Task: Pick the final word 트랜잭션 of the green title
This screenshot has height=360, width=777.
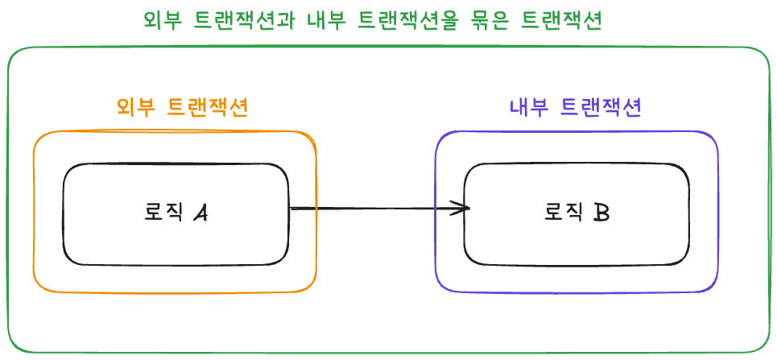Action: tap(562, 20)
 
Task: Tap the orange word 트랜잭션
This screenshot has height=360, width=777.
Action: tap(207, 107)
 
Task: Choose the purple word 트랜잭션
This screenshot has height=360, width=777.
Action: tap(601, 107)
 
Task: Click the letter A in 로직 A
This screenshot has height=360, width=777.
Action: tap(201, 213)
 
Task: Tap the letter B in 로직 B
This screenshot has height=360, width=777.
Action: tap(601, 213)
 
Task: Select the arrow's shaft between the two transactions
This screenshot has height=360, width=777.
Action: tap(370, 209)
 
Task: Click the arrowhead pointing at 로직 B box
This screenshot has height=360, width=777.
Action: tap(464, 209)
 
